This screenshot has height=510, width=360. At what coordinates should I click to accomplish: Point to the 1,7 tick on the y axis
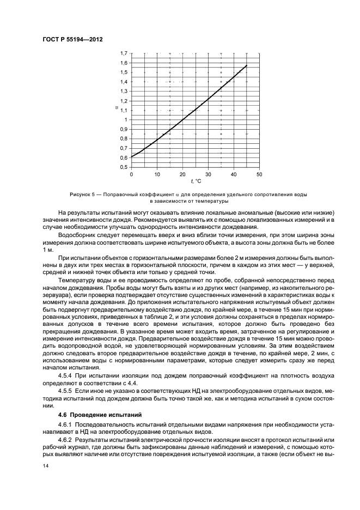(123, 53)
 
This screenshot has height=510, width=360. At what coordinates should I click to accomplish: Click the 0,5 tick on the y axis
(123, 167)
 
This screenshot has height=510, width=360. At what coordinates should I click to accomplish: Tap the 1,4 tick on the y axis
(123, 82)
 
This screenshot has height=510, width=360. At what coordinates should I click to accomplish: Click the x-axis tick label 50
(259, 174)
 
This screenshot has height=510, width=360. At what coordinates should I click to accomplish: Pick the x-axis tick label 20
(182, 174)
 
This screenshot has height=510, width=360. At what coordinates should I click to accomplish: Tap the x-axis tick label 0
(131, 174)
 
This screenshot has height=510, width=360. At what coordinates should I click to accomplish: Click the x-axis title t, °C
(196, 181)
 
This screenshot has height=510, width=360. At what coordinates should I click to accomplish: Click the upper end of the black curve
(247, 65)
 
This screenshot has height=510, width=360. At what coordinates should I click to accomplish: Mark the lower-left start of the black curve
(132, 157)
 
